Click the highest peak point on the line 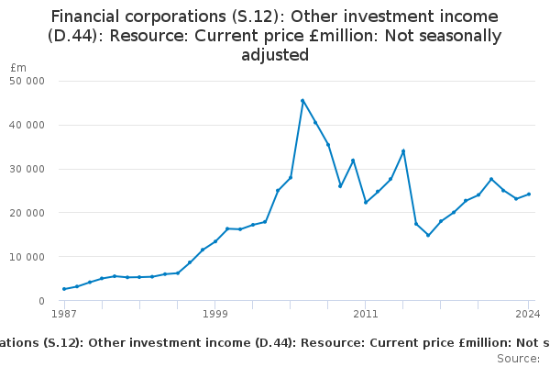302,101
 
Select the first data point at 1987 64,289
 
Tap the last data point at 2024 529,195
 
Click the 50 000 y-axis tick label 27,81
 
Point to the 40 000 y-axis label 27,125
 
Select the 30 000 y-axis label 27,169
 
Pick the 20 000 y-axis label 27,213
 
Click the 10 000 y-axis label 27,257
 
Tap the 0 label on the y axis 42,301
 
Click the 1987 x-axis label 64,314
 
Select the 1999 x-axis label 215,314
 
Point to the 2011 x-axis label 366,314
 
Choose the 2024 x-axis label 528,314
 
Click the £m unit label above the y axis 18,67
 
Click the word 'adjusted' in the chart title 275,55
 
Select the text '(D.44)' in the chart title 72,36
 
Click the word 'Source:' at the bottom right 519,359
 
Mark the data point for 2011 366,203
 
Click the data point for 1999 215,241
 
